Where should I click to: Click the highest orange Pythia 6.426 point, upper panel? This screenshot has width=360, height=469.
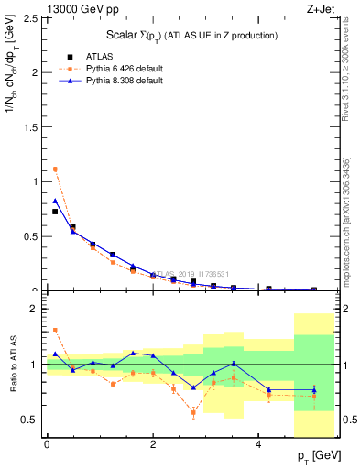[x=55, y=169]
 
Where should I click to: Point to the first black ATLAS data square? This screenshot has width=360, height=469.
[x=55, y=212]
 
